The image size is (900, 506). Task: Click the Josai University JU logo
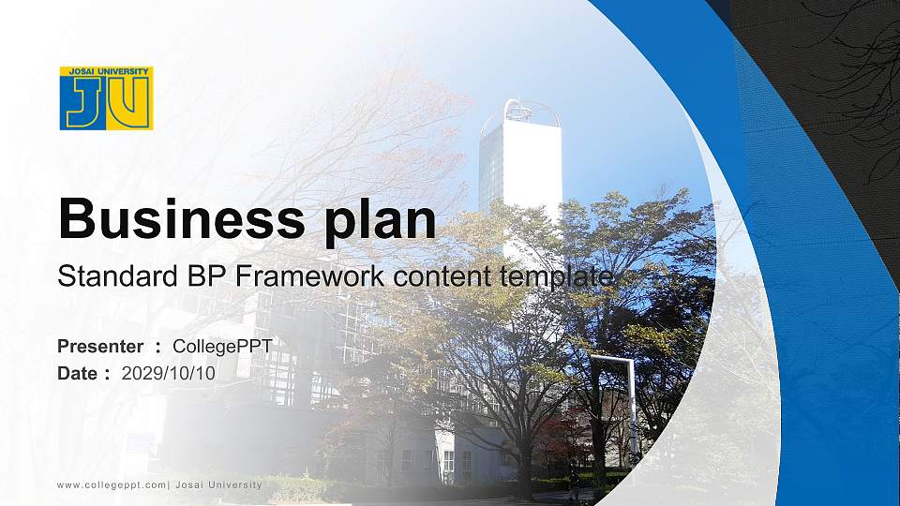(x=106, y=97)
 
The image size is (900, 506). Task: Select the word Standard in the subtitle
(x=104, y=276)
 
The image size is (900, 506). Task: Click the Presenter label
(x=100, y=347)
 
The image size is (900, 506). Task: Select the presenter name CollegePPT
(x=223, y=347)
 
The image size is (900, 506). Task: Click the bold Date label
(x=78, y=373)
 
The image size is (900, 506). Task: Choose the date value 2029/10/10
(x=169, y=373)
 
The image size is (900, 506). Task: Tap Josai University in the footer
(x=217, y=484)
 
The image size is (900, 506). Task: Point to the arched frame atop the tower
(x=531, y=111)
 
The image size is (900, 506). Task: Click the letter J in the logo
(x=85, y=102)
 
